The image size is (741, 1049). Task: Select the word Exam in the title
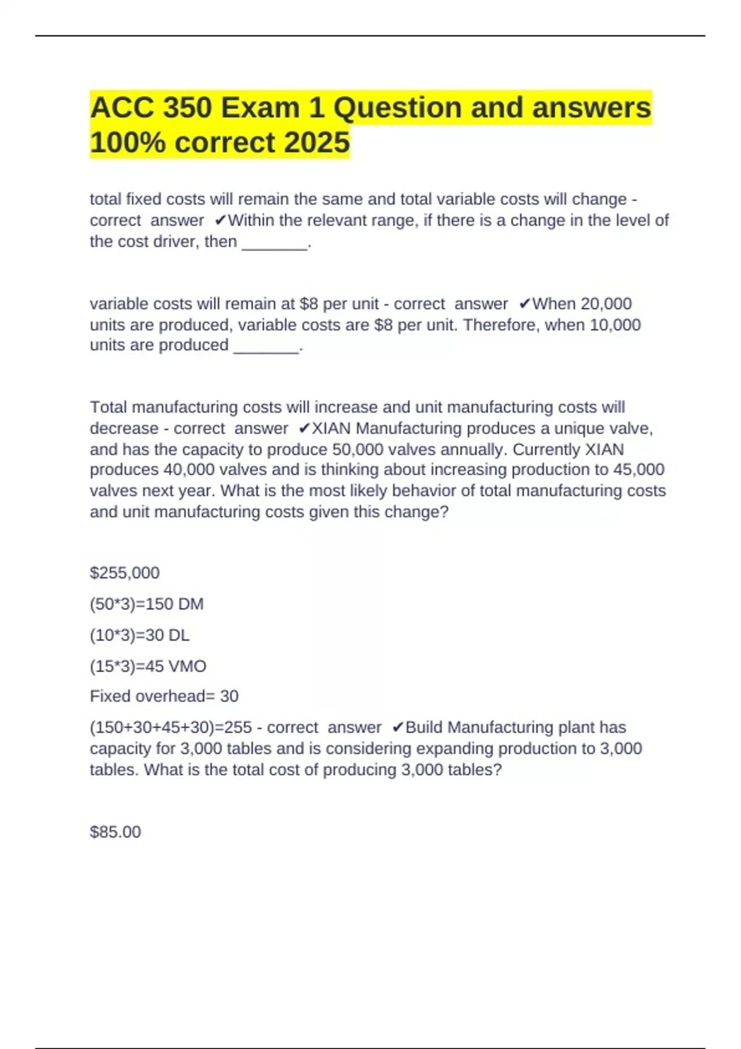(x=260, y=108)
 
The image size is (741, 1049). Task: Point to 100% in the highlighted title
(x=128, y=143)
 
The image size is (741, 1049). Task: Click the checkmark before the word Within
(x=220, y=220)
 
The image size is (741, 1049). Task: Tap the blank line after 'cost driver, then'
(x=275, y=243)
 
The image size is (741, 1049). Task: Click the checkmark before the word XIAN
(x=304, y=428)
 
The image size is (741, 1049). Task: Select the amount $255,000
(x=125, y=573)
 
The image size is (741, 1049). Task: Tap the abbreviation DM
(x=190, y=603)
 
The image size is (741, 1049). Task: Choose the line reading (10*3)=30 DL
(x=140, y=635)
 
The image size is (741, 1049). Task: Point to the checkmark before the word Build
(x=398, y=728)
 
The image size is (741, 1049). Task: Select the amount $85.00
(x=115, y=832)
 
